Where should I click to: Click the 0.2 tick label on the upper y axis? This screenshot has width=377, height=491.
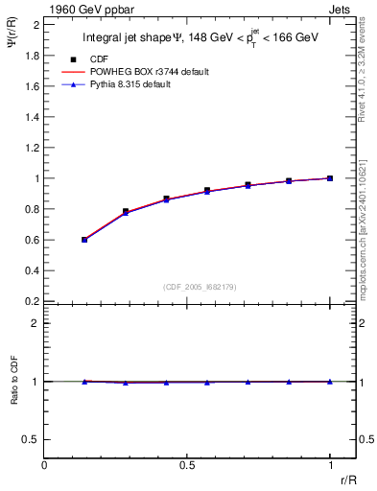tap(33, 301)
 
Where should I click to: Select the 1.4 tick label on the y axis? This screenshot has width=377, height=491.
tap(33, 117)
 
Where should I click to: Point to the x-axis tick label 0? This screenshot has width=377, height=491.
tap(44, 464)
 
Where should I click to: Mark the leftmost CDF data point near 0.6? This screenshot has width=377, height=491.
tap(84, 240)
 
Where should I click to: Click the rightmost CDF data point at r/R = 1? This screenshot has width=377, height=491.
tap(330, 178)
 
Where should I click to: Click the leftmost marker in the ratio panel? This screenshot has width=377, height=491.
tap(84, 382)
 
